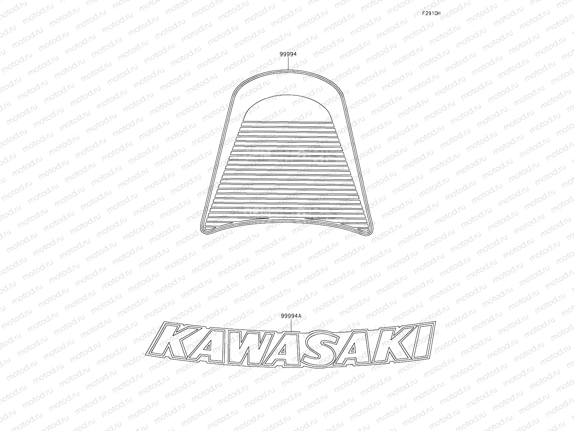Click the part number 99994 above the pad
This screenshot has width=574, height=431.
pos(288,54)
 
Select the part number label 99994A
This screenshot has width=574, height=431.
pos(291,316)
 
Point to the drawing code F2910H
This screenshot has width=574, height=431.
pos(431,14)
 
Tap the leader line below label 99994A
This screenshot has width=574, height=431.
pos(291,325)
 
